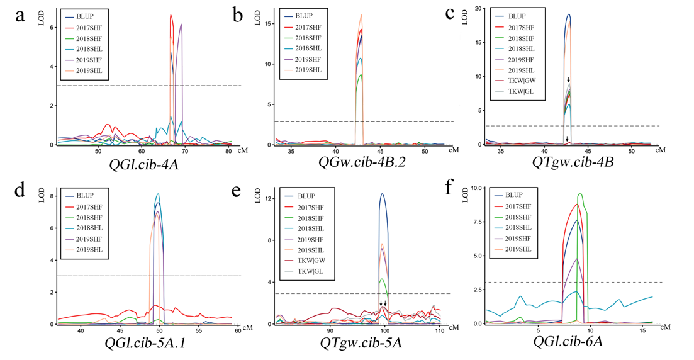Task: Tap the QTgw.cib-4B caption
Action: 573,162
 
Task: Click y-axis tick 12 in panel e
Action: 267,199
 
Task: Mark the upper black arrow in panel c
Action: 569,80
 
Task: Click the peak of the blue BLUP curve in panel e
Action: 382,194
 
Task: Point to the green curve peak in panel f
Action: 580,193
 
